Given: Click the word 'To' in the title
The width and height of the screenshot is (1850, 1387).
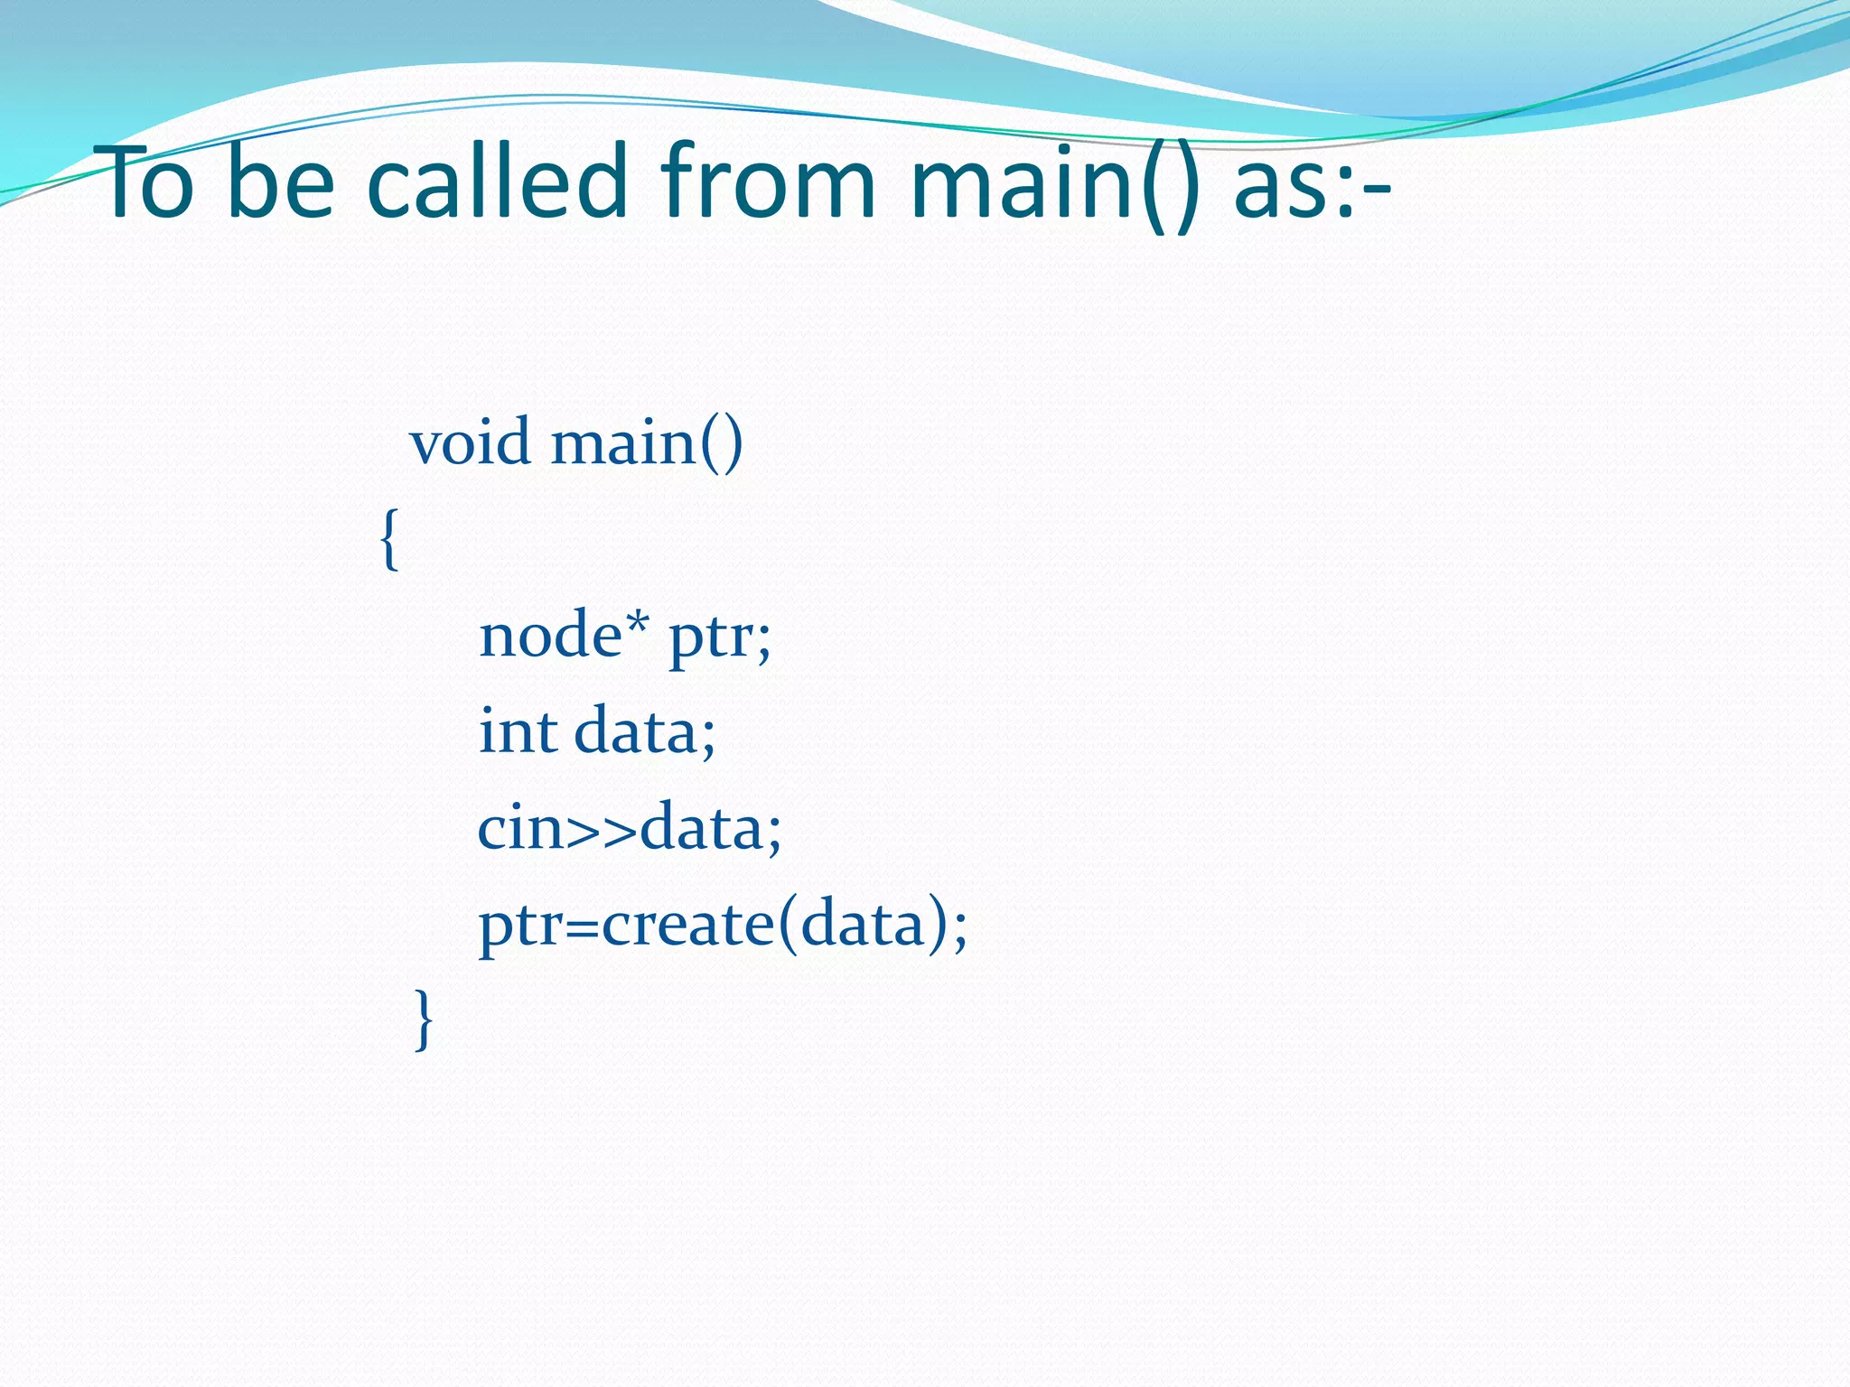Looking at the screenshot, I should tap(149, 183).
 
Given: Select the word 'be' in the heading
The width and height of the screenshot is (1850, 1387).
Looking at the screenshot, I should tap(281, 183).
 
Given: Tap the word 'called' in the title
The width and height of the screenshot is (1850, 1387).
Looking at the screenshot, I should tap(498, 183).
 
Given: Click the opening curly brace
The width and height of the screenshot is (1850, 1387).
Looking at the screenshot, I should tap(389, 539).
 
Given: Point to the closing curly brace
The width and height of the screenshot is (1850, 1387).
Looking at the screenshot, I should tap(423, 1019).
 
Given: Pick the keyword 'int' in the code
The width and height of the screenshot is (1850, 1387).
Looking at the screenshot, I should tap(518, 731).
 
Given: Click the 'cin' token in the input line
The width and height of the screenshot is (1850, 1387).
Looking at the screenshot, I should tap(520, 827).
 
